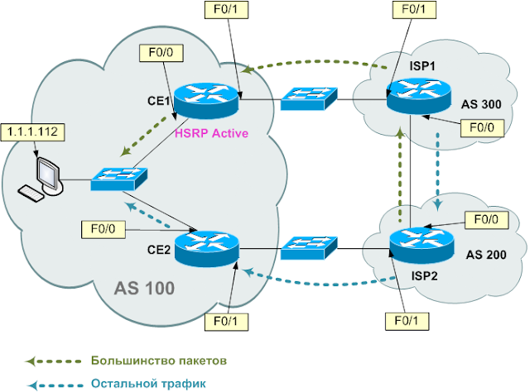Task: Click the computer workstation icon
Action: (45, 179)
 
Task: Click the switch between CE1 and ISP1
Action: (307, 98)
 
